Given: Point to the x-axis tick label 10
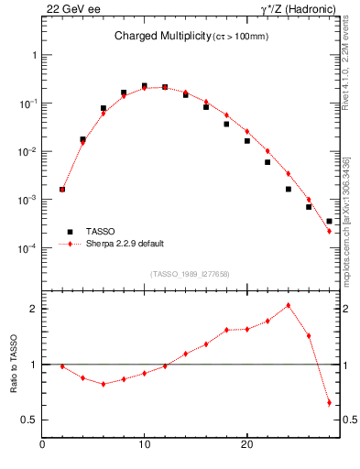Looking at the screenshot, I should (x=144, y=445).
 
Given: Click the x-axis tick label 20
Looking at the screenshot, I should (x=246, y=445).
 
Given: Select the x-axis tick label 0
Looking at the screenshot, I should (x=42, y=445).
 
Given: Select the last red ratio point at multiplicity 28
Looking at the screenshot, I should (x=329, y=402).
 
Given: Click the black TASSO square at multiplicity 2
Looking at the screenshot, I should (x=62, y=190).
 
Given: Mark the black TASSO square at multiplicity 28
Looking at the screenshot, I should (x=329, y=221).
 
